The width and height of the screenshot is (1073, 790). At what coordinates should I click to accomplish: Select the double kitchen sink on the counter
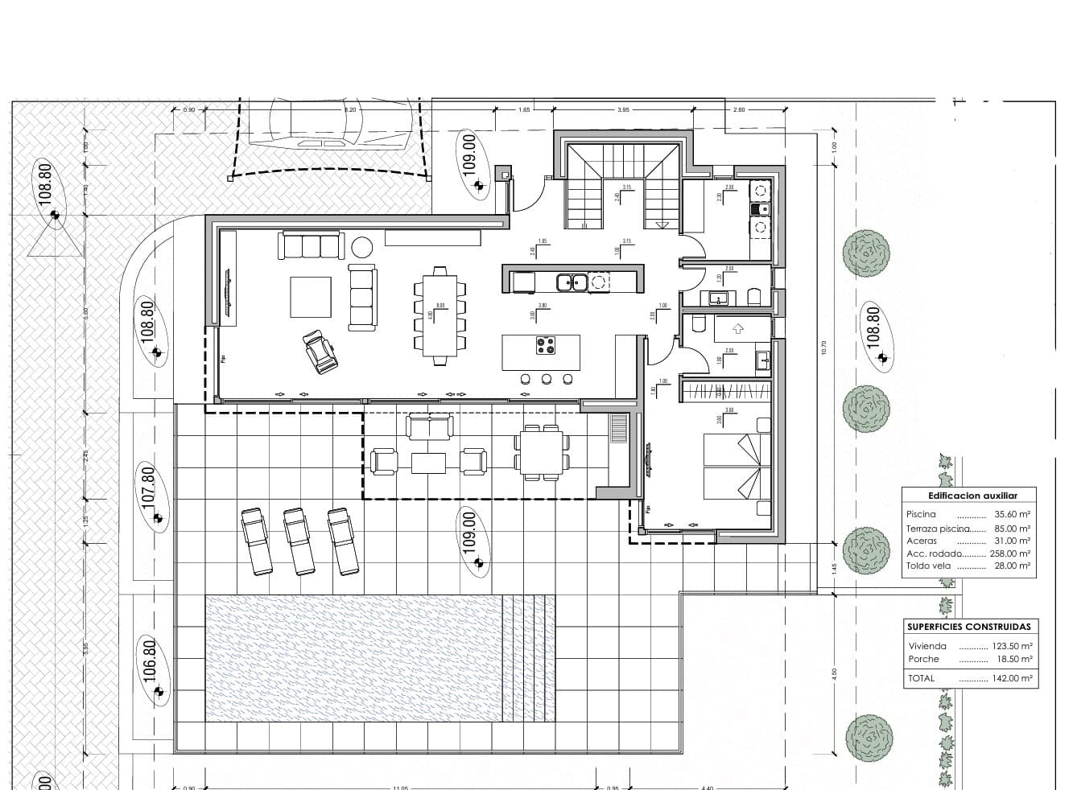pyautogui.click(x=573, y=282)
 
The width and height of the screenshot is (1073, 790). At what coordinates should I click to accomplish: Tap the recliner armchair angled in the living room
pyautogui.click(x=320, y=352)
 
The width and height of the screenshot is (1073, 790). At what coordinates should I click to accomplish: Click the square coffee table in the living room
pyautogui.click(x=311, y=297)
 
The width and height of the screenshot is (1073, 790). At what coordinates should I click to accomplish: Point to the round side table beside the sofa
pyautogui.click(x=362, y=246)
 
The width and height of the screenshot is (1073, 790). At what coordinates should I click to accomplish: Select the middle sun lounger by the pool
pyautogui.click(x=298, y=541)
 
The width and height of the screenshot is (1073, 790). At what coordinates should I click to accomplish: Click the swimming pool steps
pyautogui.click(x=528, y=658)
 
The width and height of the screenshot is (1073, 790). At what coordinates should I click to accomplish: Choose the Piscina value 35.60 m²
pyautogui.click(x=1012, y=514)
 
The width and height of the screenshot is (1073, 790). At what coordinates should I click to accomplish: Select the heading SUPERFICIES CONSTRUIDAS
pyautogui.click(x=968, y=627)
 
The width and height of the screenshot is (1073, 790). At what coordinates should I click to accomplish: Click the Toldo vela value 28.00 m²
pyautogui.click(x=1012, y=566)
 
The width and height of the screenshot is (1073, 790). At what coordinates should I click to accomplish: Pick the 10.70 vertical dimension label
pyautogui.click(x=823, y=348)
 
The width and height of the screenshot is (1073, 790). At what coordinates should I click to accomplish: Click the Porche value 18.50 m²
pyautogui.click(x=1013, y=659)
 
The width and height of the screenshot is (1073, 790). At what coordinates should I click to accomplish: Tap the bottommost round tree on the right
pyautogui.click(x=869, y=738)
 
